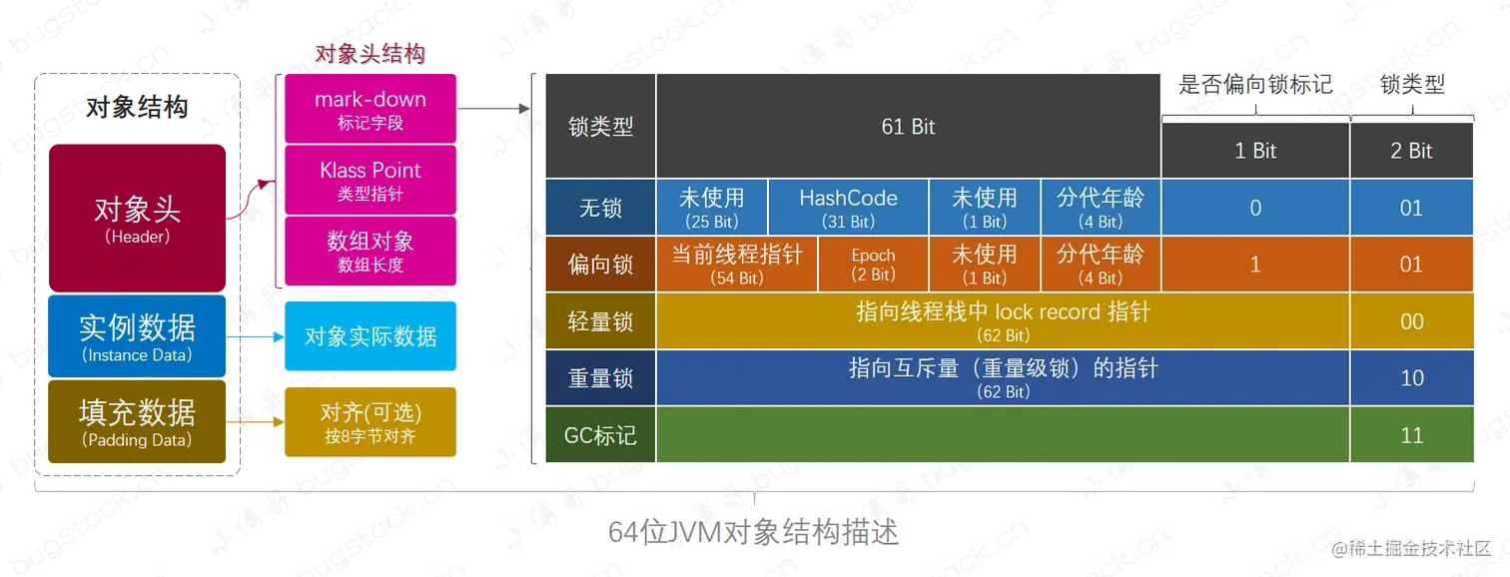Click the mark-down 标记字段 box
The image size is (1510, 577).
point(371,108)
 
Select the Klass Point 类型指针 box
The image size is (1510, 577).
point(371,180)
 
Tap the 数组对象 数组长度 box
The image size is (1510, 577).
point(371,251)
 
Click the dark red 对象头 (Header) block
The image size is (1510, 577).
point(138,218)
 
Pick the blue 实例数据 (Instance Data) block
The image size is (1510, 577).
point(138,335)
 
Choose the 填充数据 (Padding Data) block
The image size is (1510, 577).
point(138,421)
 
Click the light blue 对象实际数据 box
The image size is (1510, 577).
point(371,336)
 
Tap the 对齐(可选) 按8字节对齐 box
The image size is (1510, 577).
point(371,422)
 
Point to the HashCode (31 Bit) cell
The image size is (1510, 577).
point(848,208)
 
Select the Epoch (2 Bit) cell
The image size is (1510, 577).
point(873,265)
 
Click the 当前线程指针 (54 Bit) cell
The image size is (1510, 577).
point(737,265)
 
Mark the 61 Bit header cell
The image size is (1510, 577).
point(908,127)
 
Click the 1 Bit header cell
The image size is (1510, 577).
point(1255,151)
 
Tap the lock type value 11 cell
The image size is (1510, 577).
point(1411,435)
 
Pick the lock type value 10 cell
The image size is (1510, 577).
point(1411,378)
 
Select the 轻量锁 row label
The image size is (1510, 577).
point(600,321)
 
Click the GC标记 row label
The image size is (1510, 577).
point(600,435)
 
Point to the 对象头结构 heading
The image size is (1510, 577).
point(371,54)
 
